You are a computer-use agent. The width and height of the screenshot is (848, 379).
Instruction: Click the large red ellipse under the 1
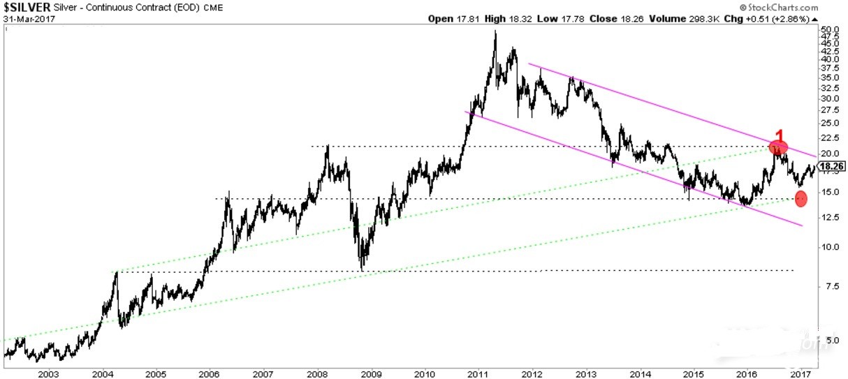(778, 147)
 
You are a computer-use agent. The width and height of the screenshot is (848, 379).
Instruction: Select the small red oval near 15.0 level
(801, 198)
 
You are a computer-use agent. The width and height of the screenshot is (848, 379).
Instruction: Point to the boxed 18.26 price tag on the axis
(831, 167)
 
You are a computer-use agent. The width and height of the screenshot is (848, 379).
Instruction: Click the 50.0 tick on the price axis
(828, 31)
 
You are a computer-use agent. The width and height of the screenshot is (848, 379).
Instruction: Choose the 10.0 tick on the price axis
(828, 246)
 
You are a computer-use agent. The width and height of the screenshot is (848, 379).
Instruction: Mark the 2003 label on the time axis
(49, 373)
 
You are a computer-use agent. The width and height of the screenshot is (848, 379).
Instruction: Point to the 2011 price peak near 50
(495, 32)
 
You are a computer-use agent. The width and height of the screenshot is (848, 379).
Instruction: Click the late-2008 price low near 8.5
(361, 269)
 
